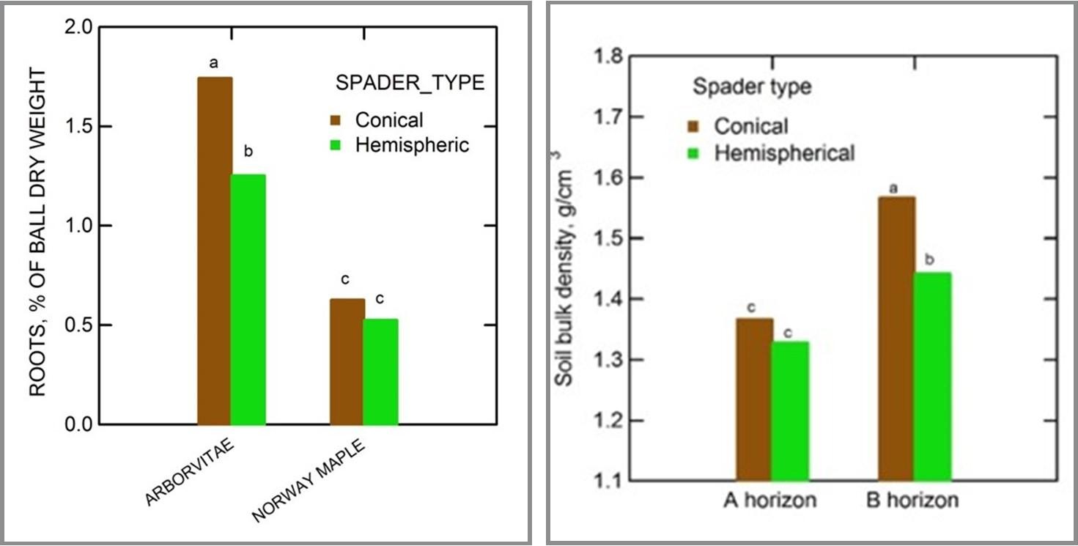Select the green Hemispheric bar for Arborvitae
(x=248, y=299)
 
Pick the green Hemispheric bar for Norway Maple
(x=380, y=372)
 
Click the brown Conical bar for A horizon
(x=754, y=399)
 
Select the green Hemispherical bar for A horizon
(x=790, y=411)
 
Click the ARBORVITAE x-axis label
(x=190, y=474)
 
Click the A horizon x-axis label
(x=769, y=501)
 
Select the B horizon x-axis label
(x=912, y=501)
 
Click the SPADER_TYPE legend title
(x=410, y=84)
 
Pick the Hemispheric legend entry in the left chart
(x=411, y=145)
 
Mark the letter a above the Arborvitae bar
(x=214, y=64)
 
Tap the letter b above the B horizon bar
(x=931, y=259)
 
